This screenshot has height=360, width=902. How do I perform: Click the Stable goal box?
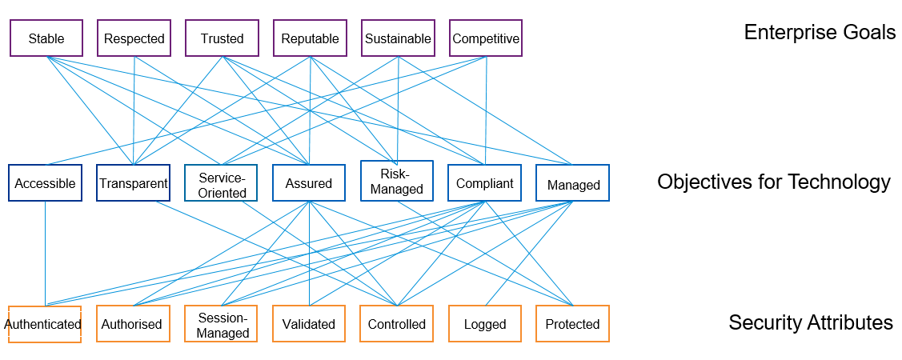coord(46,38)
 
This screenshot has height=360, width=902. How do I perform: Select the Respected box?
coord(134,38)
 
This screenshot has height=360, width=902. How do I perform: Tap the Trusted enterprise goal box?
coord(222,38)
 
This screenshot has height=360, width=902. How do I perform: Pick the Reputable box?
coord(310,38)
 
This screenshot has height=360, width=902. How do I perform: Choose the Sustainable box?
coord(398,38)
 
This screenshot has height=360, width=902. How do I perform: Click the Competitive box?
coord(486,38)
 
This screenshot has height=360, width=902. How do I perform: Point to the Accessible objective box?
coord(45,183)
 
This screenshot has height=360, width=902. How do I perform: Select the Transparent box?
coord(133,183)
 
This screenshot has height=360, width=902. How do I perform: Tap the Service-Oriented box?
coord(221,183)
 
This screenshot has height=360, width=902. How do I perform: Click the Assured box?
coord(309,183)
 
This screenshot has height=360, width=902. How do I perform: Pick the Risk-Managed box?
coord(396,181)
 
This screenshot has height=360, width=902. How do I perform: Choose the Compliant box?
coord(484,183)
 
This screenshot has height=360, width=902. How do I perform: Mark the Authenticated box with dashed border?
coord(45,324)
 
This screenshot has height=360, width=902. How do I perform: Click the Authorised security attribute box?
coord(133,324)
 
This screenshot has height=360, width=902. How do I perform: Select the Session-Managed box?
coord(221,324)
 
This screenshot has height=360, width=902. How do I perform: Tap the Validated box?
coord(309,324)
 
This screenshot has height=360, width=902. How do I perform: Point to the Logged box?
coord(485,324)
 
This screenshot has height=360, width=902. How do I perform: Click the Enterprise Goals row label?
coord(820,33)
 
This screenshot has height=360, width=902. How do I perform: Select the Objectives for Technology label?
coord(773,182)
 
